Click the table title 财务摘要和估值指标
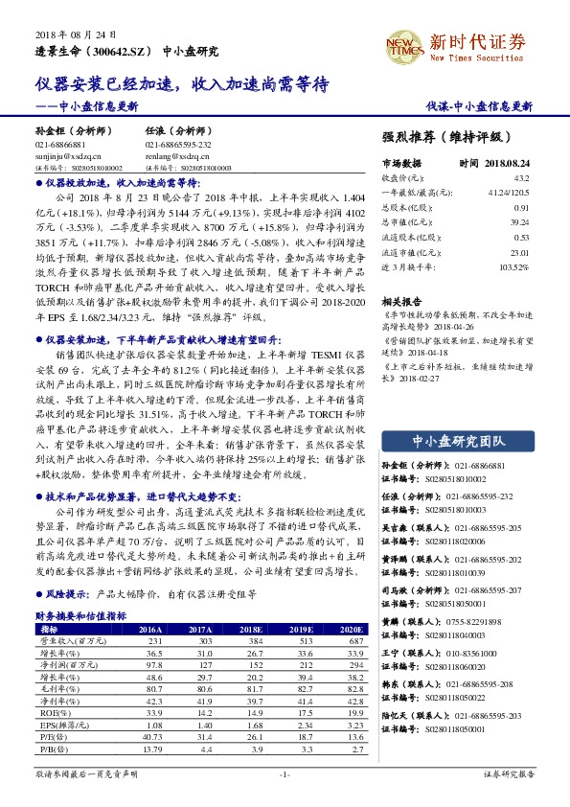81,615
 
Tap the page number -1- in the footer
285,772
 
